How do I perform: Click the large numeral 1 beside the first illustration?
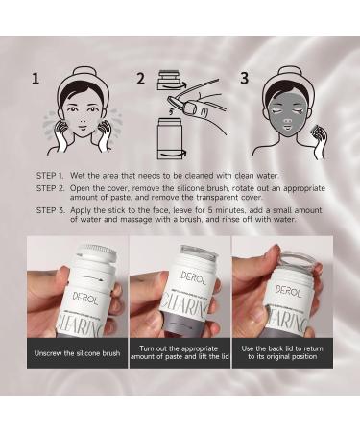tap(36, 79)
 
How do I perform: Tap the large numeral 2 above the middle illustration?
tap(141, 79)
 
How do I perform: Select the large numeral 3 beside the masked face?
tap(245, 79)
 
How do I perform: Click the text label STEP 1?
tap(51, 176)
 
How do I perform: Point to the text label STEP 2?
tap(51, 188)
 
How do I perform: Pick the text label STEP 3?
tap(51, 210)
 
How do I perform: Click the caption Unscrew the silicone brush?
tap(77, 353)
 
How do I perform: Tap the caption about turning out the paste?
tap(180, 352)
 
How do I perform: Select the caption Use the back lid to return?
tap(282, 352)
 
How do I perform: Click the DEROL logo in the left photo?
tap(85, 299)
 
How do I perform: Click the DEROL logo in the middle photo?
tap(193, 278)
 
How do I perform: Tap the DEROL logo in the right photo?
tap(288, 291)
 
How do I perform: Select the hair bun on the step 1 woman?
tap(82, 73)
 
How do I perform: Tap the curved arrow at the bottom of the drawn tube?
tap(174, 154)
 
